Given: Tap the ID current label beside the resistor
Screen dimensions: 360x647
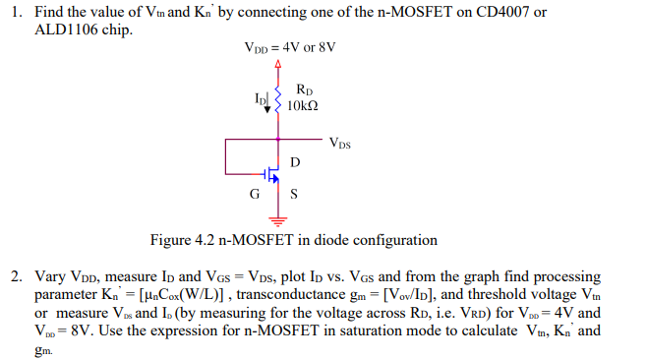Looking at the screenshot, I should [x=260, y=98].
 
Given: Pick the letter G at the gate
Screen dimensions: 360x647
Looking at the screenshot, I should [x=255, y=193].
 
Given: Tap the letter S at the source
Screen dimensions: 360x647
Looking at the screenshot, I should [x=294, y=193].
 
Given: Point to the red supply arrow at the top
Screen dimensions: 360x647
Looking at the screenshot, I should [x=278, y=65].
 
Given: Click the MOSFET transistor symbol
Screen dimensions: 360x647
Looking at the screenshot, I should [x=273, y=175].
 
